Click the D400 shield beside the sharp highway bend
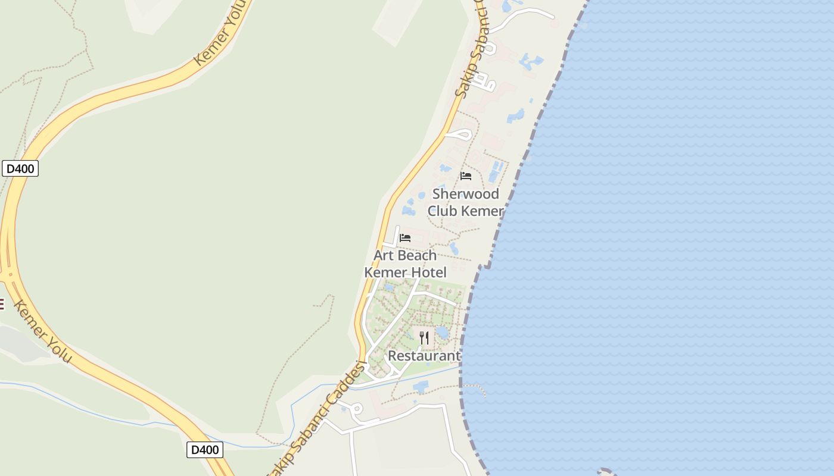tap(20, 168)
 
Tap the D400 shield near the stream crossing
tap(204, 449)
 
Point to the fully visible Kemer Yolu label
tap(42, 331)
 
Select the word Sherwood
tap(465, 194)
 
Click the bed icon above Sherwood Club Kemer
tap(466, 176)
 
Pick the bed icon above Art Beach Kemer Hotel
tap(405, 237)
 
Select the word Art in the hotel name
tap(384, 255)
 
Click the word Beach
tap(416, 255)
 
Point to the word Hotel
tap(427, 273)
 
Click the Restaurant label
tap(424, 356)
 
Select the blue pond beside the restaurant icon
tap(443, 332)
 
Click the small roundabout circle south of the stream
tap(357, 409)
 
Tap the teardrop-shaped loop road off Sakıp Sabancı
tap(459, 134)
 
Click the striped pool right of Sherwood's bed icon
tap(496, 171)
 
